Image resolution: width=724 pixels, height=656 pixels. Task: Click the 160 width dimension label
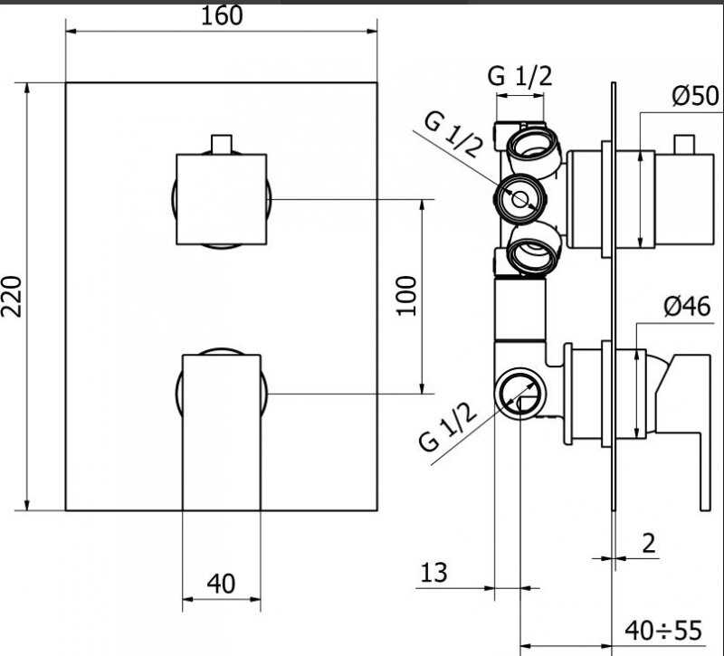point(222,15)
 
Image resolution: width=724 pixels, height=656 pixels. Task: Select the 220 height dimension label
point(12,297)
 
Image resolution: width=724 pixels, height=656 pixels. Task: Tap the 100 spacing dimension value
point(406,296)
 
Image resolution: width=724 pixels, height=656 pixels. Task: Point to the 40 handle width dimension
point(221,584)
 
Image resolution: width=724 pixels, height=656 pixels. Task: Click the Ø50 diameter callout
point(695,96)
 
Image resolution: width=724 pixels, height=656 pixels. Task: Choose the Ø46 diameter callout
point(687,307)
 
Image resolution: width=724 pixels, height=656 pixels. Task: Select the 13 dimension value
point(433,573)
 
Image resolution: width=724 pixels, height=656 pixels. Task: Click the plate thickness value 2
point(649,544)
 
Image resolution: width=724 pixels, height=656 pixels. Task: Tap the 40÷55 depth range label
point(663,631)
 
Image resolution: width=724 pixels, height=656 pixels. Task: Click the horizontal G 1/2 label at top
point(519,76)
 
